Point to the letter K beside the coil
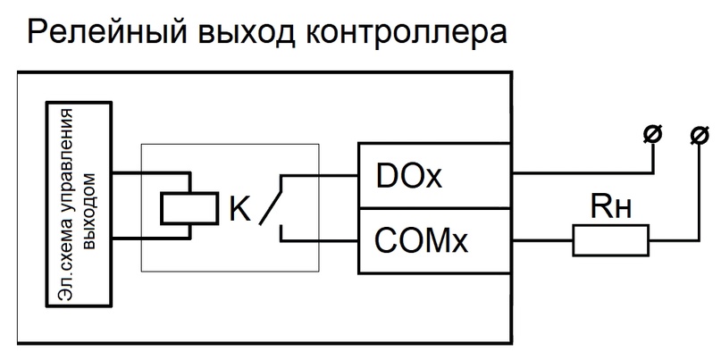239,209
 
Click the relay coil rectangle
189,208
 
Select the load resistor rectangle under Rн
610,239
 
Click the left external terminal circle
652,135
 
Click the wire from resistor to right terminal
675,239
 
